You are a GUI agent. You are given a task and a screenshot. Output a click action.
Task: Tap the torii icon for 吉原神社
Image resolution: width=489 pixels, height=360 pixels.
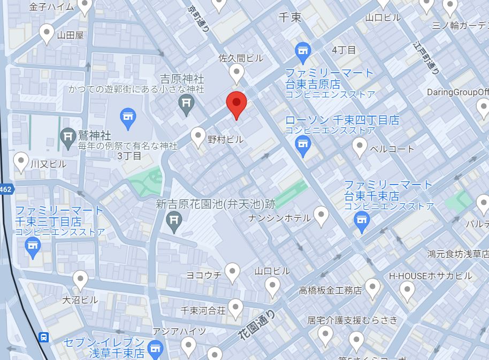187,104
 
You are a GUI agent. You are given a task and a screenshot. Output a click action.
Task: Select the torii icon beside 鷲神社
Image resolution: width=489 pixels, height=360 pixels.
68,137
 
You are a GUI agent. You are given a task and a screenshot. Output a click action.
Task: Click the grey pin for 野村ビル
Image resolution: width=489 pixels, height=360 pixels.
199,136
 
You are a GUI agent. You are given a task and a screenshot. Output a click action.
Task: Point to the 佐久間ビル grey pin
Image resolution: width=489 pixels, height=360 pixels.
237,72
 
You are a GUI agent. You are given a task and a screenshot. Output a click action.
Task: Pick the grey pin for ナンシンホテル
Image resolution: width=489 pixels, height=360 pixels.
321,216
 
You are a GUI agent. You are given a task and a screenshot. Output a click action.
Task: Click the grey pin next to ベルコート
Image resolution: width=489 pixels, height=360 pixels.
360,146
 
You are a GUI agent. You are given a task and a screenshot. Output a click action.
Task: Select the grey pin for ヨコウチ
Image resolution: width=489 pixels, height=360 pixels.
232,272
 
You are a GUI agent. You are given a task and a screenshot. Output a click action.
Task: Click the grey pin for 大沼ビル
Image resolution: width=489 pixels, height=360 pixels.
80,279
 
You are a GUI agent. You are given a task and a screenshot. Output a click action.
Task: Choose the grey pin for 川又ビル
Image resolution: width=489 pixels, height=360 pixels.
21,161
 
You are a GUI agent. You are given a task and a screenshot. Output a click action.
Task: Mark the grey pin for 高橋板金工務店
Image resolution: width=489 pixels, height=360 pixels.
372,288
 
